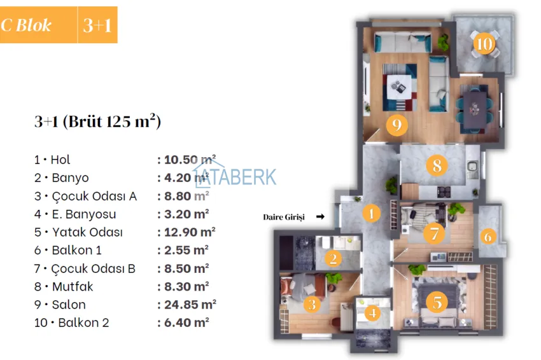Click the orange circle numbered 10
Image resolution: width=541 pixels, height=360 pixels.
point(484,45)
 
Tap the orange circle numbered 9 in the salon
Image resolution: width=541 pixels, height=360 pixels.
point(396,125)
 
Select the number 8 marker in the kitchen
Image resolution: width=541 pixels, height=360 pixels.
point(437,167)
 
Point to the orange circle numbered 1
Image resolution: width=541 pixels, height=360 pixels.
point(371,214)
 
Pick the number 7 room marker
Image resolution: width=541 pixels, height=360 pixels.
point(434,233)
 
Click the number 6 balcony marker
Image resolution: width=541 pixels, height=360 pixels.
point(488,237)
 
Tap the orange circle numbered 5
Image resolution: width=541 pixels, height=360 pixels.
point(437,301)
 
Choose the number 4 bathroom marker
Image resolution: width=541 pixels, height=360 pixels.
point(373,314)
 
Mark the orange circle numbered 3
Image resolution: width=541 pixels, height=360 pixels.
point(312,304)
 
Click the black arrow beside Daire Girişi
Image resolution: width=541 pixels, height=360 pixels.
point(320,217)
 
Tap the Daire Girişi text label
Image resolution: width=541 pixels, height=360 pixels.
point(284,218)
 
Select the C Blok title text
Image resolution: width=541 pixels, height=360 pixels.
point(27,25)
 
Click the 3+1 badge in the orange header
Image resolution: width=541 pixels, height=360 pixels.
point(97,25)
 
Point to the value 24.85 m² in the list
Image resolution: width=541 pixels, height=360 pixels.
point(186,305)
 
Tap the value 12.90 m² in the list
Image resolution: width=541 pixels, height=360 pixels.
point(186,232)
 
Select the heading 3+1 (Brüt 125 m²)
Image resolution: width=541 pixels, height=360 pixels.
point(97,121)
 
